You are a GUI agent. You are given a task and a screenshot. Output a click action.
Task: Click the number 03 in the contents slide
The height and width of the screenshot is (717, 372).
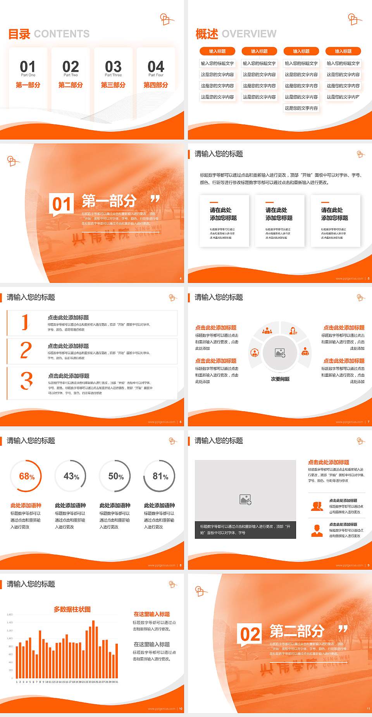[113, 66]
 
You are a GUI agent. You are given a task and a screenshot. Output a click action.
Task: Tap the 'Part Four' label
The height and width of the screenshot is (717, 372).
[156, 75]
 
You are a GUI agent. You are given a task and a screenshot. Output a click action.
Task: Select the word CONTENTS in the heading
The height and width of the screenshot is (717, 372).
[62, 34]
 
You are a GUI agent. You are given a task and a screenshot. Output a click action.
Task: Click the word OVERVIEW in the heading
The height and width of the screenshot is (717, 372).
[249, 34]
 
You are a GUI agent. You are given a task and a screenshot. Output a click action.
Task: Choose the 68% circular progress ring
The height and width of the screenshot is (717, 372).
[26, 476]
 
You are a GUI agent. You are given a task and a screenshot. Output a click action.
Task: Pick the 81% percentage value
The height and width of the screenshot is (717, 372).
[160, 476]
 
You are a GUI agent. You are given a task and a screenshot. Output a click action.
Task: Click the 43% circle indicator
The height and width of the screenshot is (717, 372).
[71, 476]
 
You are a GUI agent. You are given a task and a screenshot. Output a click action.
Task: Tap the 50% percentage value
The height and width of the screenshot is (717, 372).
[115, 476]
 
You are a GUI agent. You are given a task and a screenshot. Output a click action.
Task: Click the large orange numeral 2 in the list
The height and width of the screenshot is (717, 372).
[26, 350]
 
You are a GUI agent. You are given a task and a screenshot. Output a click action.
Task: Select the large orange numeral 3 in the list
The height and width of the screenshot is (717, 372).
[26, 381]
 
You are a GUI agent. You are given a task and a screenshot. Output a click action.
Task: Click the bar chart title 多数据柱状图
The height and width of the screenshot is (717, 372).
[72, 609]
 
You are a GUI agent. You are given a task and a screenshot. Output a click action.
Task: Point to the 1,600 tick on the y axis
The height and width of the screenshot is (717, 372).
[10, 615]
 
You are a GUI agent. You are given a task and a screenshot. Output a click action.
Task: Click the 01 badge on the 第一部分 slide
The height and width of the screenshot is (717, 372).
[62, 204]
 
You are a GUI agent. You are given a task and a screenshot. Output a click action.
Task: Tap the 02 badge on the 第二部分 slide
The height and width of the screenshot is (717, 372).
[250, 634]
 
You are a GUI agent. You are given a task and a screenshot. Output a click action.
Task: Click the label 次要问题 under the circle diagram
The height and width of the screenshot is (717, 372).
[280, 379]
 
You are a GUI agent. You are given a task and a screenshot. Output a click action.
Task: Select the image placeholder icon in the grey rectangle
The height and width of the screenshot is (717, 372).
[245, 500]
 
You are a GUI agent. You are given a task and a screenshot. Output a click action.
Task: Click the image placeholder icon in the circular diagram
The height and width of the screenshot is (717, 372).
[280, 353]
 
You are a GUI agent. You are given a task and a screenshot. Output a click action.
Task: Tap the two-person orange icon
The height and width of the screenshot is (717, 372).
[317, 506]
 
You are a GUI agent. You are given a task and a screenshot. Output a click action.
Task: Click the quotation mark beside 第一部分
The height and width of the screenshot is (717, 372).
[155, 199]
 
